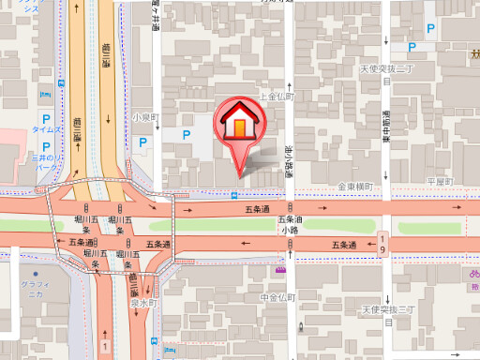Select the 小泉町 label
(x=145, y=117)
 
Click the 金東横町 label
(x=356, y=187)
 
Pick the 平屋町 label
(x=439, y=181)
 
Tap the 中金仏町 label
(x=277, y=297)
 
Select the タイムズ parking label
(x=47, y=129)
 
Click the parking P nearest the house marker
(x=186, y=136)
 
